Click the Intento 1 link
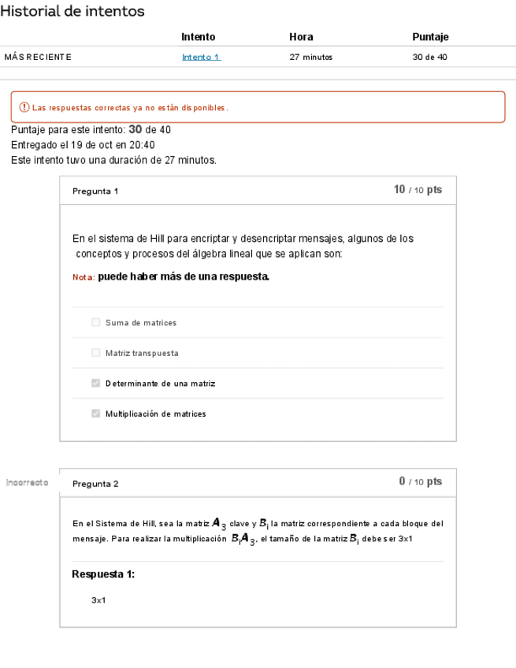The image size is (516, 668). [x=201, y=58]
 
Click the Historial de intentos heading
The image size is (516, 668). [x=72, y=11]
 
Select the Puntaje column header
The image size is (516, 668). [x=430, y=37]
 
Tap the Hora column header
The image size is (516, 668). [x=301, y=37]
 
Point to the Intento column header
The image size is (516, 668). [x=198, y=37]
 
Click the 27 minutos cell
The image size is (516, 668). [x=311, y=58]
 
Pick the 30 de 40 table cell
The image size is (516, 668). [x=429, y=58]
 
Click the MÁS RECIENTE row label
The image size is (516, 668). [x=38, y=58]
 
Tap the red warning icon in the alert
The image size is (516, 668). [x=24, y=107]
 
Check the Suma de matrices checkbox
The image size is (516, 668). [x=96, y=323]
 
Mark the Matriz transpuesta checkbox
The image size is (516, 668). [x=96, y=353]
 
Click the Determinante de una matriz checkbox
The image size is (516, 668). [x=96, y=384]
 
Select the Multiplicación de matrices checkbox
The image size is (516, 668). [x=96, y=414]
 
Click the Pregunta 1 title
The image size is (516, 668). [x=95, y=191]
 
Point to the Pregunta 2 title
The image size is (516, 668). [x=95, y=484]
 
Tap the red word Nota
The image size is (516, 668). [x=83, y=277]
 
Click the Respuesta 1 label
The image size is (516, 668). [x=103, y=574]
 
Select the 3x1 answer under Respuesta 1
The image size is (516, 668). [x=98, y=600]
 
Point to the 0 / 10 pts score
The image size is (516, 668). [x=420, y=482]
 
